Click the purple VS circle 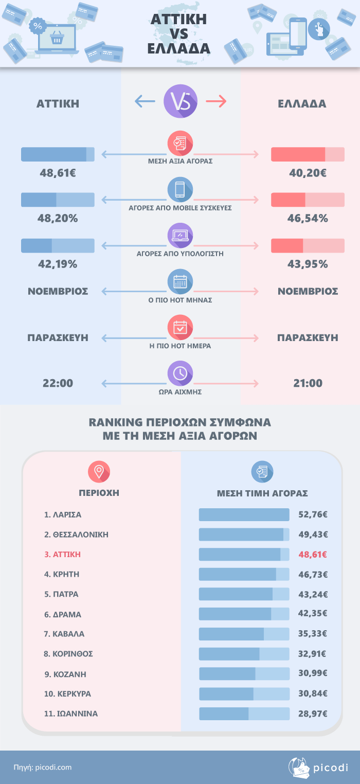(x=180, y=102)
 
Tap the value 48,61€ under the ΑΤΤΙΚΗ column (x=58, y=173)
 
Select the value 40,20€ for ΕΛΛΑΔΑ (x=308, y=173)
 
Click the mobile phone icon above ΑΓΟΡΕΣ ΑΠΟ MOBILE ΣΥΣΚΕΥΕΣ (x=180, y=190)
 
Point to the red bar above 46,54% (x=308, y=200)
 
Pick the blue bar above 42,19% (x=58, y=245)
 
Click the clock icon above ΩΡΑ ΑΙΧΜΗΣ (x=180, y=373)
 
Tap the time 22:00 (x=58, y=383)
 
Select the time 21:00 (x=308, y=383)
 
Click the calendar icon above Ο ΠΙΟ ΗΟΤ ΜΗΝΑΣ (x=180, y=281)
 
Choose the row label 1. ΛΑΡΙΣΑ (x=63, y=514)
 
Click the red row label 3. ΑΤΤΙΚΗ (x=63, y=555)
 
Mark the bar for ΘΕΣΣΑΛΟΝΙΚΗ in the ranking (x=244, y=534)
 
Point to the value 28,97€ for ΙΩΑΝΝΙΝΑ (x=313, y=714)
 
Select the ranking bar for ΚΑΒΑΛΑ (x=244, y=634)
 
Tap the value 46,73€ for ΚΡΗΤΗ (x=313, y=574)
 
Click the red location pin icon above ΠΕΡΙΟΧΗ (x=99, y=471)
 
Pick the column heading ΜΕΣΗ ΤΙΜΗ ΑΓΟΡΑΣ (x=262, y=493)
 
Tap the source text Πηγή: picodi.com (x=43, y=768)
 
